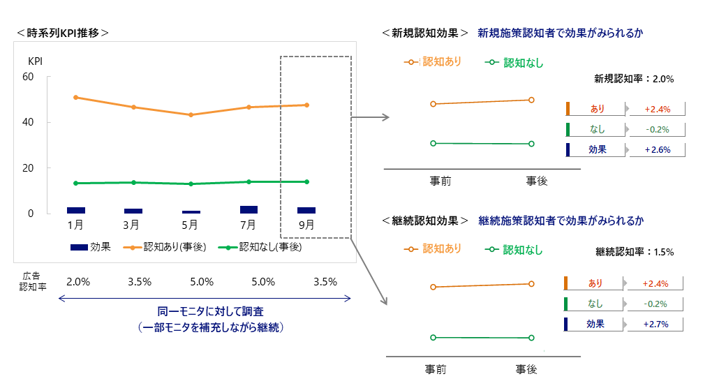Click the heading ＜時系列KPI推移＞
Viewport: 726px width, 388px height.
pos(62,33)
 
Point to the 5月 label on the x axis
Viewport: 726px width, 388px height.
pos(190,225)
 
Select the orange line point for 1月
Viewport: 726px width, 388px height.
pos(75,97)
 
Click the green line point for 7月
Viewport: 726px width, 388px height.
pos(249,181)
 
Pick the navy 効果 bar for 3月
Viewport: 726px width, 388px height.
pos(133,211)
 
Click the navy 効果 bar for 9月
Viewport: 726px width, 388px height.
pos(306,210)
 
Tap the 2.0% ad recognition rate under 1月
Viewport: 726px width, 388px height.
pos(78,282)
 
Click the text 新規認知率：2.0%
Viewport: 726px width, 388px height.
pos(633,79)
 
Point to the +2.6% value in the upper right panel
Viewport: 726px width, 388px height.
pos(657,149)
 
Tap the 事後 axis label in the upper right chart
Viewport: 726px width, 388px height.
pos(536,181)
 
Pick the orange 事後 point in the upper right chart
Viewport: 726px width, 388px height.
pos(531,100)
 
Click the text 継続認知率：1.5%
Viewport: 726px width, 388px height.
pos(635,251)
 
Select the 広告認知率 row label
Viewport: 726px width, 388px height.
pos(32,282)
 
